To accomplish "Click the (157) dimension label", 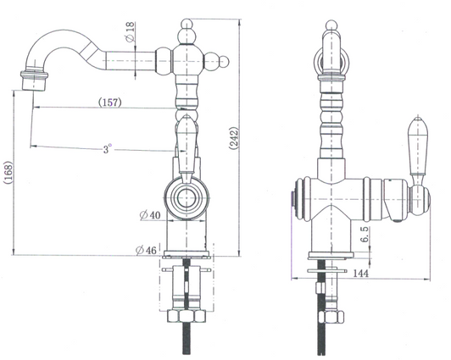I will click(109, 102).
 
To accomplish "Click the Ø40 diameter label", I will click(150, 215).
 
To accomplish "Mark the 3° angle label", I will click(107, 150).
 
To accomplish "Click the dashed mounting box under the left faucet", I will click(186, 280).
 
